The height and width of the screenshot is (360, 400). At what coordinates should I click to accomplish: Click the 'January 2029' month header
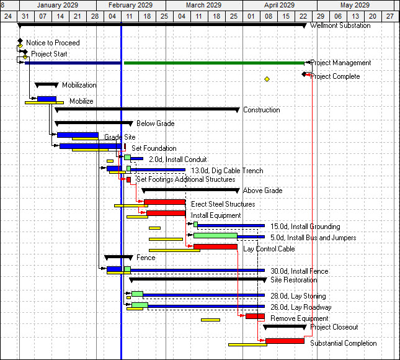coord(55,5)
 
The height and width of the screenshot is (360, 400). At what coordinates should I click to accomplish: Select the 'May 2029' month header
coord(354,5)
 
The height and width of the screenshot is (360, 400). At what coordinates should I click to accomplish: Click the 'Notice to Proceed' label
coord(53,43)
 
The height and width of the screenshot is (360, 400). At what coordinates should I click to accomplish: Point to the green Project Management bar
coord(214,63)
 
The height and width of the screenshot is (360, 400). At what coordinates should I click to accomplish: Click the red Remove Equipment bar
coord(255,316)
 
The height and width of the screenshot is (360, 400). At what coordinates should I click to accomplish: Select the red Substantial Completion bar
coord(285,341)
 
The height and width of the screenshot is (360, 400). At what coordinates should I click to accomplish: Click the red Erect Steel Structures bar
coord(165,202)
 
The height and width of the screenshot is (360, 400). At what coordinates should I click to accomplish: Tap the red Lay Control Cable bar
coord(215,246)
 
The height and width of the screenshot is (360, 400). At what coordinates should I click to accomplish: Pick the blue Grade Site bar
coord(78,135)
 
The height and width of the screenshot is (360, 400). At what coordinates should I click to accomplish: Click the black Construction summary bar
coord(147,109)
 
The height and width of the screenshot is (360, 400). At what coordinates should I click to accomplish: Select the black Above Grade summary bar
coord(190,190)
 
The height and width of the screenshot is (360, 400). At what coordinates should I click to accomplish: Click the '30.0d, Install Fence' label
coord(300,271)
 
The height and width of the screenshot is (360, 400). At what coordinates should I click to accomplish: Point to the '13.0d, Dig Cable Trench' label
coord(227,171)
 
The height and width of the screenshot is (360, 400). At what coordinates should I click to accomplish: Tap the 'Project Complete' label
coord(335,76)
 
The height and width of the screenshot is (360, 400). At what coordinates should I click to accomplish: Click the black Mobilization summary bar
coord(47,84)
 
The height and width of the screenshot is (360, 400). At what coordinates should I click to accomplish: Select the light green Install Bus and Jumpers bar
coord(215,235)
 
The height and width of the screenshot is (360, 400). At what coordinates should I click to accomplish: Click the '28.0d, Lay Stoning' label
coord(298,296)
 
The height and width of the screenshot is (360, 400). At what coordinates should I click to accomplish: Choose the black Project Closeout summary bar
coord(285,326)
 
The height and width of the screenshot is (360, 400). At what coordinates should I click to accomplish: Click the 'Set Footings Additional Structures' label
coord(186,179)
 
